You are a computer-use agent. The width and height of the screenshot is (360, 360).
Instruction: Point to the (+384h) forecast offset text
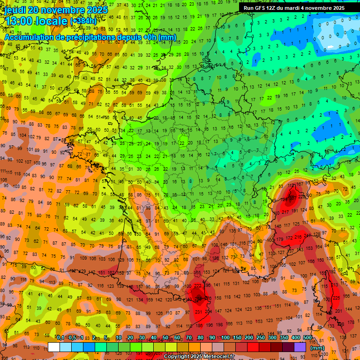[83, 21]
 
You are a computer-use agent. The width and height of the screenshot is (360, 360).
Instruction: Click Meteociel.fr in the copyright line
[216, 357]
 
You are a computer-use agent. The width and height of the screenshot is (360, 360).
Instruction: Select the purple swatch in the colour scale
[300, 347]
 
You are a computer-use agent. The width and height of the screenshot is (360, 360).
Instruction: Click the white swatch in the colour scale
[54, 347]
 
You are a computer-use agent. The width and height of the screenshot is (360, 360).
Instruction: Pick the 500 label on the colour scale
[307, 338]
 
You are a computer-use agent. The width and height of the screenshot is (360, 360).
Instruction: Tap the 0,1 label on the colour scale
[60, 338]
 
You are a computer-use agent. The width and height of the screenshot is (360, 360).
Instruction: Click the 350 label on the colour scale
[284, 338]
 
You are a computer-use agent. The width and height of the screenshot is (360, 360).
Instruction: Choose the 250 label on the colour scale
[260, 338]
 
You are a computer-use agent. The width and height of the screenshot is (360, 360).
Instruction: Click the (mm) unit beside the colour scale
[317, 348]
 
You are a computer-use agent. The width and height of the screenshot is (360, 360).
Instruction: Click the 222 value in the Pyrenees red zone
[197, 286]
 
